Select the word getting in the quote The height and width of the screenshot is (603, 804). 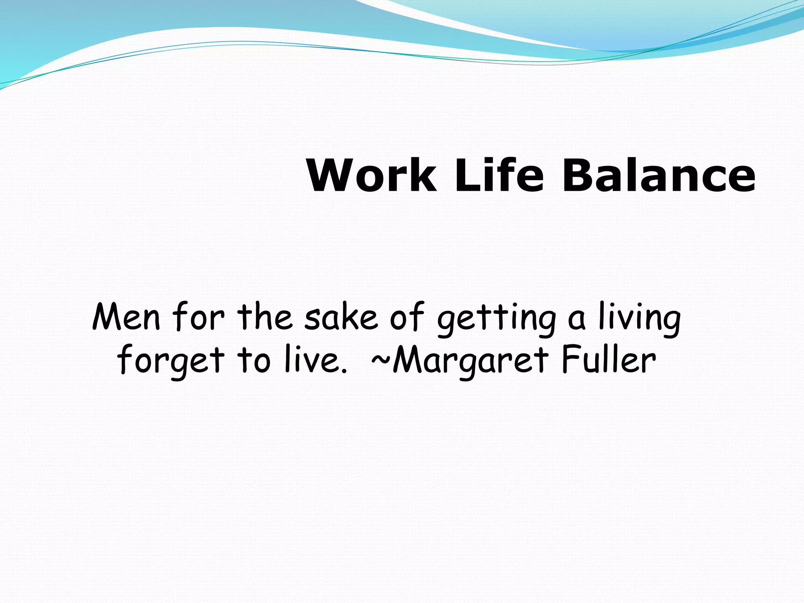[x=497, y=320]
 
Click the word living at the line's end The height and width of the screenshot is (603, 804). [x=640, y=320]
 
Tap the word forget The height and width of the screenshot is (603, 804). [x=171, y=361]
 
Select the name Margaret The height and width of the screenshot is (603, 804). [x=470, y=361]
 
